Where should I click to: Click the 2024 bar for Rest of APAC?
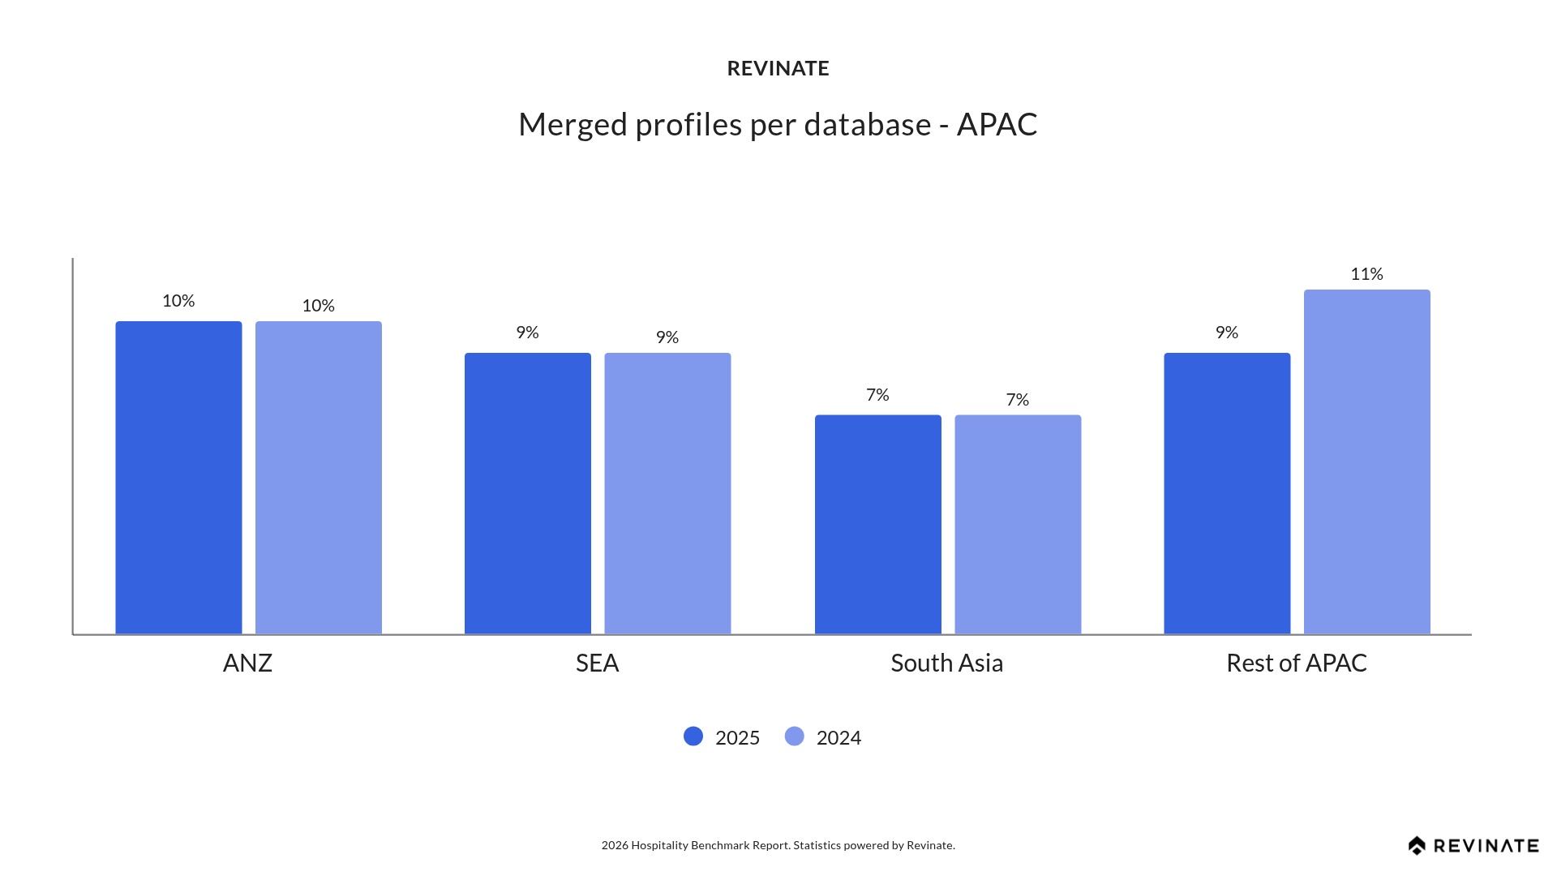pyautogui.click(x=1366, y=462)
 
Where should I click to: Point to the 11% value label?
pyautogui.click(x=1366, y=274)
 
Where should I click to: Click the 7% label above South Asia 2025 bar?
pyautogui.click(x=877, y=395)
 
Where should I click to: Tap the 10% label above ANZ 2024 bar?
pyautogui.click(x=318, y=306)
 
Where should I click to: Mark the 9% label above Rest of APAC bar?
pyautogui.click(x=1226, y=333)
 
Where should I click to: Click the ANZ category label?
pyautogui.click(x=247, y=663)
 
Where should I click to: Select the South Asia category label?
pyautogui.click(x=946, y=663)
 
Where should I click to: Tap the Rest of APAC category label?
pyautogui.click(x=1296, y=663)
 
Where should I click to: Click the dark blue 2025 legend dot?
pyautogui.click(x=693, y=736)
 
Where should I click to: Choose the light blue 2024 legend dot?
pyautogui.click(x=795, y=736)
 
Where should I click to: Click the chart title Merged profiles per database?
pyautogui.click(x=778, y=125)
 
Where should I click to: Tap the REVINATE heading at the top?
pyautogui.click(x=778, y=69)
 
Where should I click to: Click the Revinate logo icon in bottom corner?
pyautogui.click(x=1417, y=846)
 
